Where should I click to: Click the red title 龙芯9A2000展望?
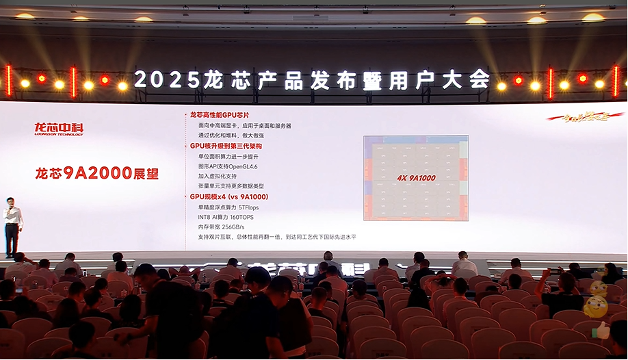(x=96, y=173)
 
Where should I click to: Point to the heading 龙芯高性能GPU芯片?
(x=221, y=115)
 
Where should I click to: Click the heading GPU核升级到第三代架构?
(x=225, y=146)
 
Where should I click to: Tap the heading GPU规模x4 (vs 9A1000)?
(x=228, y=196)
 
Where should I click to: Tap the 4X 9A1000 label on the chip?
(x=416, y=178)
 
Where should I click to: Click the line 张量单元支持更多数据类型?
(x=231, y=186)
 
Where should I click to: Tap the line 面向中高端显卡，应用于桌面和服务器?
(x=244, y=125)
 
